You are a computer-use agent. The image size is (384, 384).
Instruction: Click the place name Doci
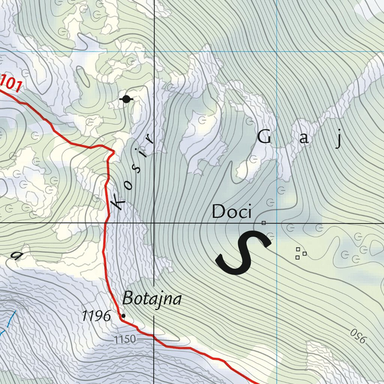click(x=231, y=212)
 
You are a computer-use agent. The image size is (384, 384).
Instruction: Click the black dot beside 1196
click(x=123, y=316)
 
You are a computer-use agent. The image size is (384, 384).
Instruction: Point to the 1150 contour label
click(x=125, y=340)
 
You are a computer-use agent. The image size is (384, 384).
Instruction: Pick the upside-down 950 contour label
click(x=358, y=336)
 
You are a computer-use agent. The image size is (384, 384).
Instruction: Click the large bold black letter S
click(x=243, y=252)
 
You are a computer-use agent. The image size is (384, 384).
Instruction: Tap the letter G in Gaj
click(x=264, y=138)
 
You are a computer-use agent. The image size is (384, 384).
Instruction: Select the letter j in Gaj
click(x=339, y=139)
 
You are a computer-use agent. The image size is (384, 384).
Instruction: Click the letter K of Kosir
click(x=119, y=203)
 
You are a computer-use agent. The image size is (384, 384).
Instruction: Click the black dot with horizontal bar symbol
click(x=126, y=99)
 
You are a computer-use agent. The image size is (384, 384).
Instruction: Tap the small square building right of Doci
click(x=264, y=223)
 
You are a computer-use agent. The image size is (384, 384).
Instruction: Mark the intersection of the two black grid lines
click(x=154, y=223)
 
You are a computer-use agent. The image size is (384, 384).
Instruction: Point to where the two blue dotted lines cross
click(x=277, y=51)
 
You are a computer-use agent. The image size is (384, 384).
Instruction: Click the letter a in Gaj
click(x=304, y=139)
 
